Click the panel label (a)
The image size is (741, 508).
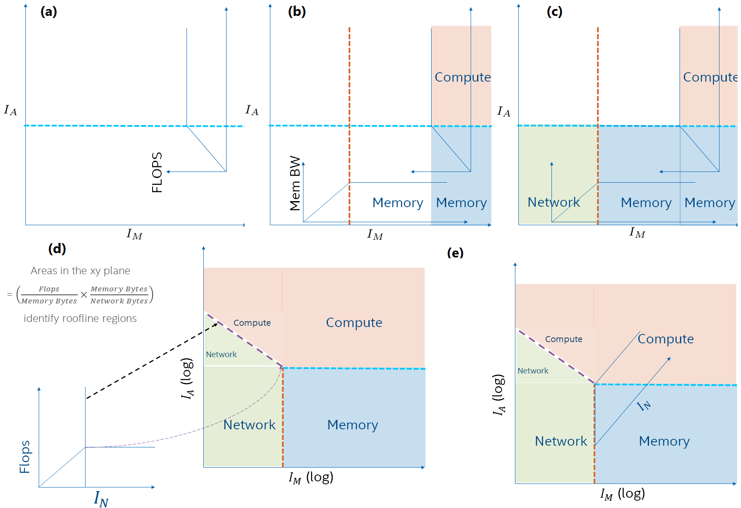49,12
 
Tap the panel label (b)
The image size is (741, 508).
297,12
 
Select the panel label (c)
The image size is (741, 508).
554,12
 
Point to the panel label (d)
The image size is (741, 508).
57,248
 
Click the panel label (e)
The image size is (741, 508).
455,253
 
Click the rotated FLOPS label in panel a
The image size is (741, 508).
157,172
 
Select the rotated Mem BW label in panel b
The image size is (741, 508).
295,183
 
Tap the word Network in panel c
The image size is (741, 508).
554,202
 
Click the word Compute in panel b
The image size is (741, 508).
462,77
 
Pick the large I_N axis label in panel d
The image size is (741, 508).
101,499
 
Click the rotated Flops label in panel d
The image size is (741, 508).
25,457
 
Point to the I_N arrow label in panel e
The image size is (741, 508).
644,405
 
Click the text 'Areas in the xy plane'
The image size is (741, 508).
80,271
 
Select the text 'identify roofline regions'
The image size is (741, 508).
80,318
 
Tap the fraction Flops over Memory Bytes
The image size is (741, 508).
49,295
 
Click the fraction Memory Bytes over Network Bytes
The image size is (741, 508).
119,295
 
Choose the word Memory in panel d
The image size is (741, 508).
352,425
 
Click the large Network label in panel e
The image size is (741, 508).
560,441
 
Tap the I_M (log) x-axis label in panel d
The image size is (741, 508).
311,477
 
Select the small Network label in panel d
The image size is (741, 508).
221,355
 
